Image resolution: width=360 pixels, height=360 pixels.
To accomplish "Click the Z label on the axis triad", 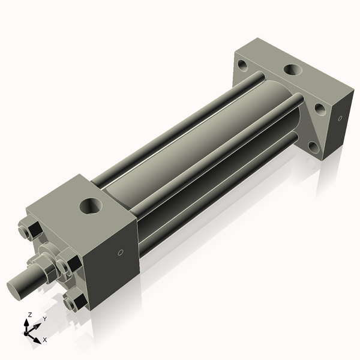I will (x=30, y=314).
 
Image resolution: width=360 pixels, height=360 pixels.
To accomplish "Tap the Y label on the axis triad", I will (x=44, y=319).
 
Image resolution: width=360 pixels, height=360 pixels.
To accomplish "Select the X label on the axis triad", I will (x=44, y=340).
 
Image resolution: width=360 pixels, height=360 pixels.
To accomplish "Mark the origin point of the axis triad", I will (x=28, y=331).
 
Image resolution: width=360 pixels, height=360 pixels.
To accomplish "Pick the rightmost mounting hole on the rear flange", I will (x=320, y=109).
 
